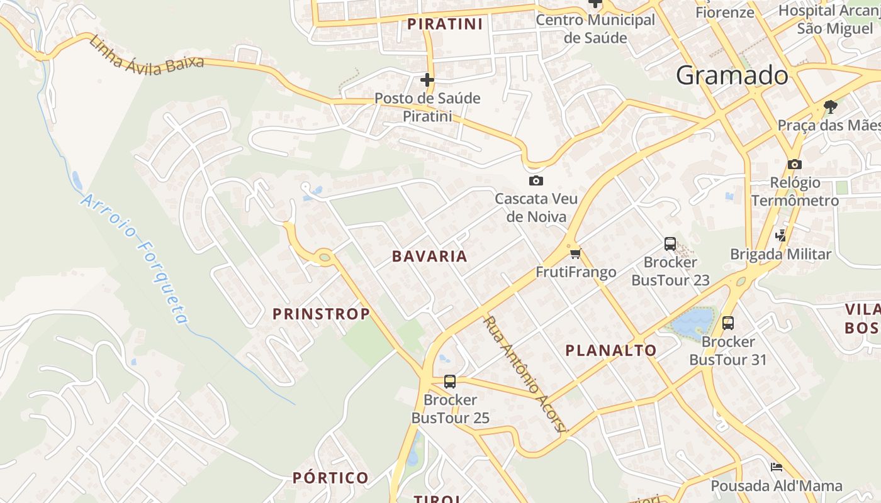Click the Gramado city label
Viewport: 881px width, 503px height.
(732, 75)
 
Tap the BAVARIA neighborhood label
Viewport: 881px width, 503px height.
(429, 256)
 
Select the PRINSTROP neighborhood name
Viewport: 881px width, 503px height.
(321, 314)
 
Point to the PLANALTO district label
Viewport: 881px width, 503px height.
(610, 350)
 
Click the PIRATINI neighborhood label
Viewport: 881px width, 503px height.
(445, 25)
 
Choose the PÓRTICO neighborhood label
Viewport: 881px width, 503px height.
(330, 478)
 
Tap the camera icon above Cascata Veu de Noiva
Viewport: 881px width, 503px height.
(536, 181)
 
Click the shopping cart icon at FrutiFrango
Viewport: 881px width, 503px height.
(575, 254)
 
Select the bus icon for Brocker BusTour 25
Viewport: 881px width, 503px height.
(450, 381)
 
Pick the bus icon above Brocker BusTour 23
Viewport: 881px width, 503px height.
(670, 244)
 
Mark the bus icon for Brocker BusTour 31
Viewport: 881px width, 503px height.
(728, 323)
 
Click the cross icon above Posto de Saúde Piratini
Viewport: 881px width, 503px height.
(427, 80)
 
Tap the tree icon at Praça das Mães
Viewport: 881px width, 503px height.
(830, 106)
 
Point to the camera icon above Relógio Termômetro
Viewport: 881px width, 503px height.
(795, 164)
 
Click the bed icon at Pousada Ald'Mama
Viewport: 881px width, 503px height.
(777, 467)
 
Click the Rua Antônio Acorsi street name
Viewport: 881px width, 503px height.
(524, 373)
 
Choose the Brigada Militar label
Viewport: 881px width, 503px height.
(780, 254)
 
